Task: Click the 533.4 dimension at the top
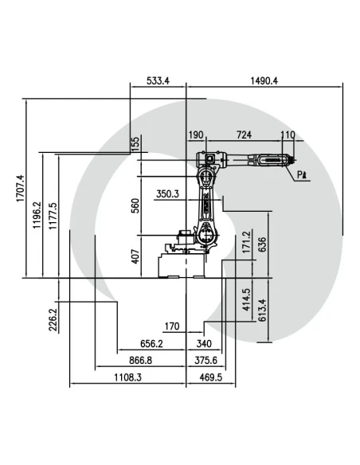click(158, 80)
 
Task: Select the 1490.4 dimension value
click(264, 80)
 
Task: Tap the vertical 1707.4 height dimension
click(20, 189)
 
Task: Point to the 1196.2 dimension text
click(37, 215)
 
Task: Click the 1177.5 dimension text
click(53, 216)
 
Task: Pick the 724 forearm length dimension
click(244, 135)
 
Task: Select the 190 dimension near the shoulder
click(196, 135)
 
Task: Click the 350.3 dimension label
click(167, 194)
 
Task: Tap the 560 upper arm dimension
click(135, 205)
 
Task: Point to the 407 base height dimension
click(135, 256)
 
